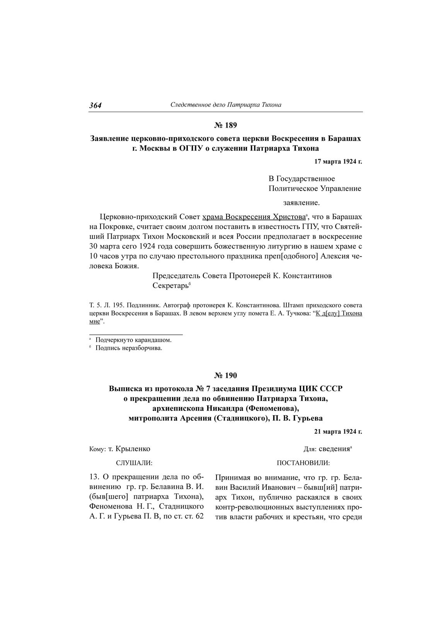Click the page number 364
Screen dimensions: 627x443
click(95, 105)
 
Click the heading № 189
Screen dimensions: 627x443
click(225, 125)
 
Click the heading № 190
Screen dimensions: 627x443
click(225, 375)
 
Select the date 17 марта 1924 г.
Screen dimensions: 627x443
click(338, 162)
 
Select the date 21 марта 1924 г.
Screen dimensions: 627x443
click(338, 431)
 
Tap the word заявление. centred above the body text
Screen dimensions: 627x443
click(302, 203)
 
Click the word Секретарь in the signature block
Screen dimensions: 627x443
click(170, 286)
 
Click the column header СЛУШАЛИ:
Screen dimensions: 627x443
click(134, 462)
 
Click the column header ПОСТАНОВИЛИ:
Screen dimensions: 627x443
click(303, 462)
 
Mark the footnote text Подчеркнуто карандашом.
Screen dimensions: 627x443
click(133, 340)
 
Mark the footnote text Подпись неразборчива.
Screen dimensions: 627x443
click(129, 348)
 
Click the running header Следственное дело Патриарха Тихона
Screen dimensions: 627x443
click(226, 105)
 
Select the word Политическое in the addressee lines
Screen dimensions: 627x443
click(292, 189)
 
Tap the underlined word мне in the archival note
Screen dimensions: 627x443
click(95, 321)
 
